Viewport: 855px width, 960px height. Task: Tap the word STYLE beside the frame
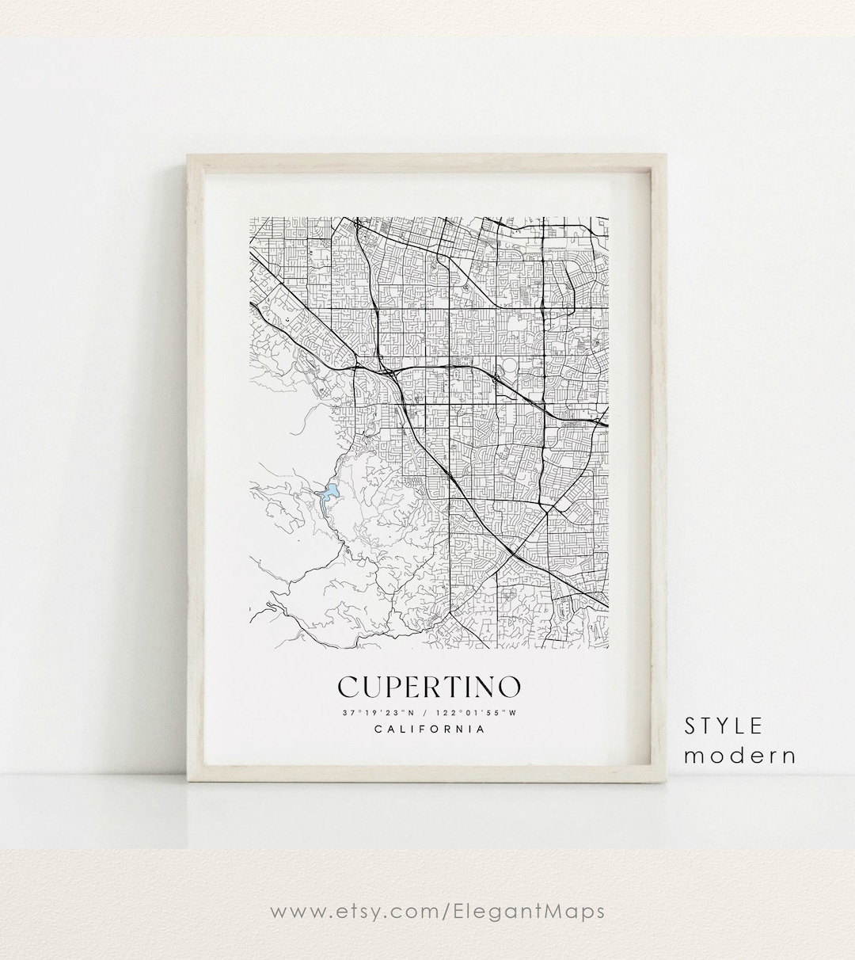[x=724, y=726]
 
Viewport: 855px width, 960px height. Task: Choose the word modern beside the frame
[x=740, y=755]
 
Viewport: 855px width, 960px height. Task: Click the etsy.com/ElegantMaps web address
[x=438, y=911]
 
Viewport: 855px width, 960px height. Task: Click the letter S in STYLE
[x=692, y=726]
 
